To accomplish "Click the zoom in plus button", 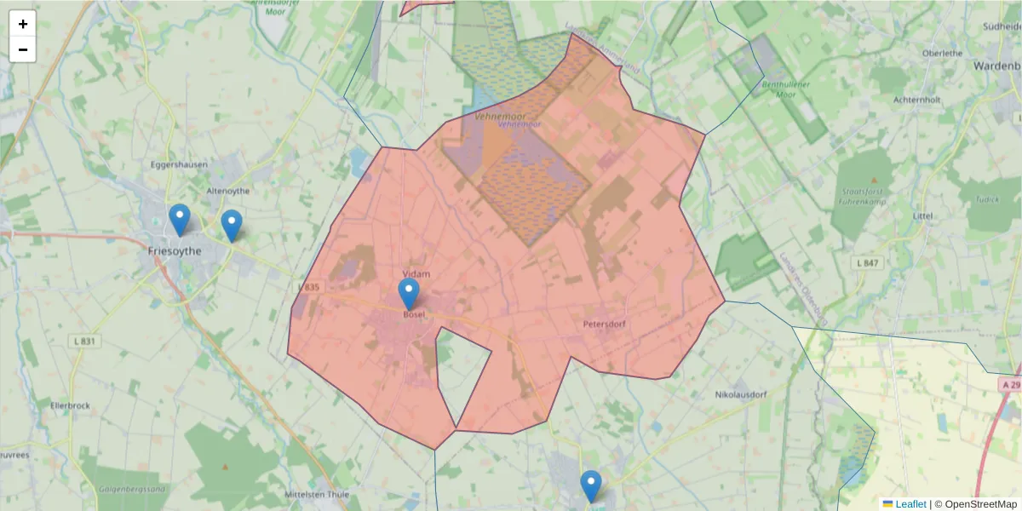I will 23,24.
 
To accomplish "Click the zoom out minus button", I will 23,49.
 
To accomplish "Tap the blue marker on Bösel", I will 409,294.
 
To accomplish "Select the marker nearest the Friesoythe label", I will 179,220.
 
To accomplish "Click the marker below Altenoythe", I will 231,226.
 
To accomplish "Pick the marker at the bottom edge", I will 591,486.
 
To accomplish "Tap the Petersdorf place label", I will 605,324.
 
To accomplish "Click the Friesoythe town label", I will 175,251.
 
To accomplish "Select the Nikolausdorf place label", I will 741,395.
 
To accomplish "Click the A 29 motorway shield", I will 1010,385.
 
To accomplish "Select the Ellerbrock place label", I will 70,405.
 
